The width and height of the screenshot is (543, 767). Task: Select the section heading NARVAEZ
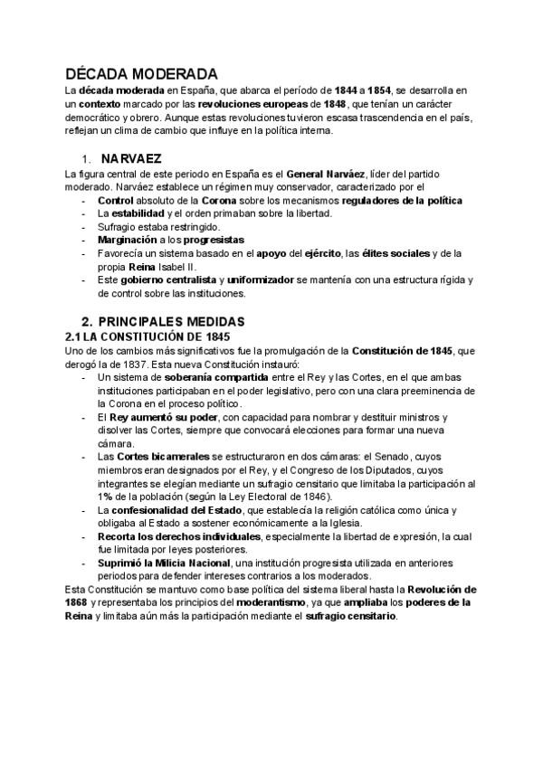click(x=131, y=158)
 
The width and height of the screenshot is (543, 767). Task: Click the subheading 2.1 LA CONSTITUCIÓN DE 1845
click(x=148, y=336)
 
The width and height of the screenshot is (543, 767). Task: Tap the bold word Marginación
click(x=129, y=240)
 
